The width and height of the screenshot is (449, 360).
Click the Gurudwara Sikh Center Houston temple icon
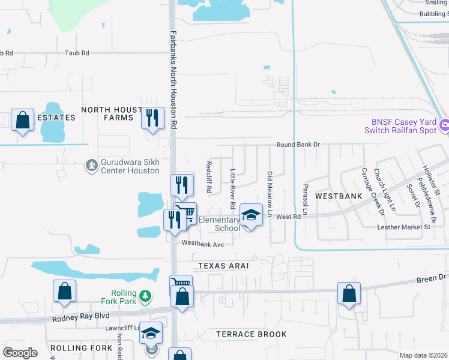(91, 164)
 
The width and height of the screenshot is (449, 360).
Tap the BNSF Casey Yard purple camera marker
(445, 126)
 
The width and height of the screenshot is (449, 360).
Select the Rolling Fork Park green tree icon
(145, 295)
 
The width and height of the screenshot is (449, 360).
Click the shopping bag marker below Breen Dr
(349, 294)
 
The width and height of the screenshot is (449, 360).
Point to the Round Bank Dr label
(300, 145)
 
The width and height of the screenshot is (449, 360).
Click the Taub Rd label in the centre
(77, 53)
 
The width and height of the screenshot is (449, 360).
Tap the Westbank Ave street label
(203, 244)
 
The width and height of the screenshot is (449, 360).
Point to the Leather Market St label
(403, 227)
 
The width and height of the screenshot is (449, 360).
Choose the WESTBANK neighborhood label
(339, 196)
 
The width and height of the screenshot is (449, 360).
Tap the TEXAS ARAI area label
(223, 265)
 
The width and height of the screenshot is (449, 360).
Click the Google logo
(20, 352)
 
